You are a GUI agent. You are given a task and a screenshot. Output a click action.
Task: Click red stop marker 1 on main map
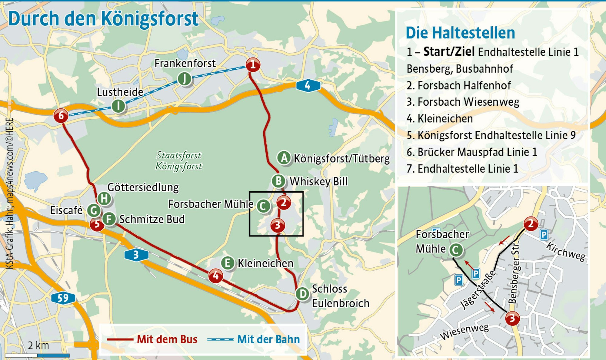(x=253, y=65)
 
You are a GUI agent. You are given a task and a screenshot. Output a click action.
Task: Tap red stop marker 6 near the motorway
(x=61, y=116)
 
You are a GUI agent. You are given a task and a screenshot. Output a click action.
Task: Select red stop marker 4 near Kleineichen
(x=216, y=276)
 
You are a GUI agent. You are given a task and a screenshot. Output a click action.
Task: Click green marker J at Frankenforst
(x=184, y=79)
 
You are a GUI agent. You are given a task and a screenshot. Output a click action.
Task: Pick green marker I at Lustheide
(x=118, y=106)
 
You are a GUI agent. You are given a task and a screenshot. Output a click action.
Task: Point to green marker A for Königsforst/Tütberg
(x=284, y=158)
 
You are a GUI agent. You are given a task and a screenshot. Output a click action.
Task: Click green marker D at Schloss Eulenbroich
(x=302, y=294)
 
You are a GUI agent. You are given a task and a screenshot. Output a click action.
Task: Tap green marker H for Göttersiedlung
(x=104, y=199)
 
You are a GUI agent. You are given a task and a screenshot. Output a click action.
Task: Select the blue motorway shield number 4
(x=308, y=86)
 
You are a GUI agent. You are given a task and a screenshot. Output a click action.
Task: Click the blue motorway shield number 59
(x=63, y=298)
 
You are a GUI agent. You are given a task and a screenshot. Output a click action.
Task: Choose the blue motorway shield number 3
(x=136, y=255)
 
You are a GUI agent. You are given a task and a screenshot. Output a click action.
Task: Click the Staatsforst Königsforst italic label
(x=178, y=161)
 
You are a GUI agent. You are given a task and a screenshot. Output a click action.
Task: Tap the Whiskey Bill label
(x=318, y=182)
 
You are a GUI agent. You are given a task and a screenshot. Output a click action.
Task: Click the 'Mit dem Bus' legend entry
(x=167, y=339)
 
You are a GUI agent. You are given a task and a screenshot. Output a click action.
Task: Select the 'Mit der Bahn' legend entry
(x=268, y=339)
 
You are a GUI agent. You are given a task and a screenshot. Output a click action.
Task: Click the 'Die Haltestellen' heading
(x=460, y=33)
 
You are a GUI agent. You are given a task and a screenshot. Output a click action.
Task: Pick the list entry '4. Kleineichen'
(x=440, y=119)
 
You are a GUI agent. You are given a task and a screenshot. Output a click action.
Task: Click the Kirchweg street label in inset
(x=566, y=251)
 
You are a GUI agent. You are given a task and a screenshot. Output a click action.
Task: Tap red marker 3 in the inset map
(x=512, y=319)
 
